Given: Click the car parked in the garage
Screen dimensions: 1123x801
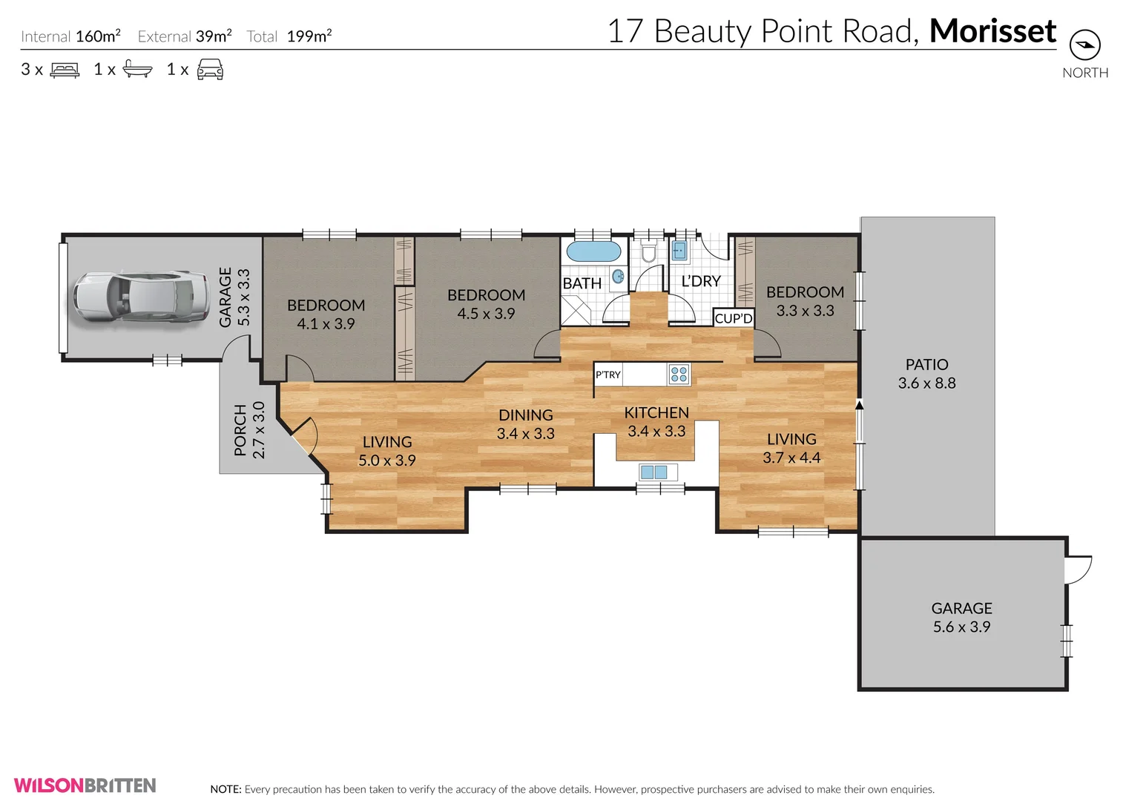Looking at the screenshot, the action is pos(140,296).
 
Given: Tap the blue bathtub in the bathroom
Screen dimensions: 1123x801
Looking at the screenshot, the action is pos(594,251).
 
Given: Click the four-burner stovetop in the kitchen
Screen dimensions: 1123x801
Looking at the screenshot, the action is pos(679,374).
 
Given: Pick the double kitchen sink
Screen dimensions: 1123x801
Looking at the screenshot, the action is pos(654,472).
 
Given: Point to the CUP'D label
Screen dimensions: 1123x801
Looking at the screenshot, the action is pos(734,318).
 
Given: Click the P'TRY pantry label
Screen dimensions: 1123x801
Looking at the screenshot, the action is pos(607,375).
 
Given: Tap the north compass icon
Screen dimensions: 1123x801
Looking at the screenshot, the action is pos(1085,45).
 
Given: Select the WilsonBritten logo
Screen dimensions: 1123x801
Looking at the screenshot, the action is pos(85,785).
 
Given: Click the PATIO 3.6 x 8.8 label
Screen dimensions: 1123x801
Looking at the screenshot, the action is pos(926,374).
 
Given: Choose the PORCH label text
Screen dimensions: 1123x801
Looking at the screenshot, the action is pos(240,430).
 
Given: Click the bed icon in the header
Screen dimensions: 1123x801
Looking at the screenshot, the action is pos(65,70).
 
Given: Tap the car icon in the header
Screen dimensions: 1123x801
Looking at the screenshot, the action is pos(210,69).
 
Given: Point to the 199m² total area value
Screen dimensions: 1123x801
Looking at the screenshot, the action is pos(309,36).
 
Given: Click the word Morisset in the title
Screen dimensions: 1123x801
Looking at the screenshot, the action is pos(992,30).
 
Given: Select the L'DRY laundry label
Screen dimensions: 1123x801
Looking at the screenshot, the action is pos(701,281).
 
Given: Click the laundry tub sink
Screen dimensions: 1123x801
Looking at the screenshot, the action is pos(680,250).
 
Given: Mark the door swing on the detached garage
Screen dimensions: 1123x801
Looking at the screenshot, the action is pos(1078,570).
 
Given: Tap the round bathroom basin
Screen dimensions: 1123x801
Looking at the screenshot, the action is pos(619,276).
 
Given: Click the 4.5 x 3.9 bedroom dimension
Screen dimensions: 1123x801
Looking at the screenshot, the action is pos(486,314).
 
